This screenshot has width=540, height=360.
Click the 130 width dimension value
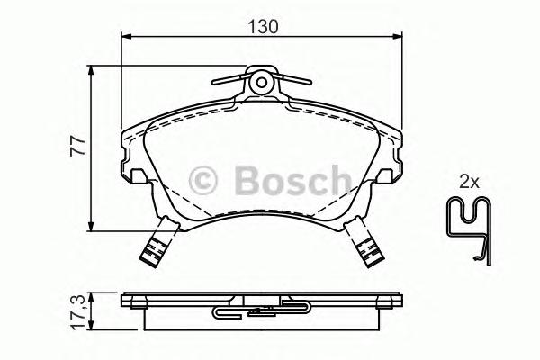click(x=263, y=26)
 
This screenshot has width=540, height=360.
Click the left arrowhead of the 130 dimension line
click(x=126, y=37)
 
